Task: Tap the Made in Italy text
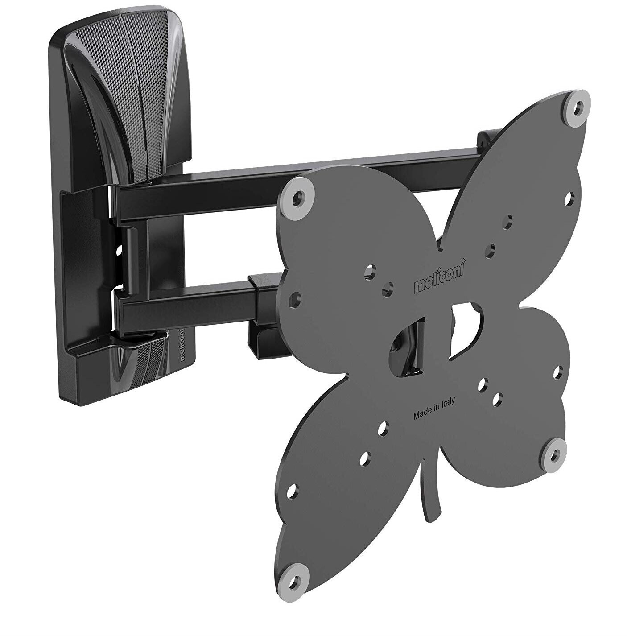point(433,409)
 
